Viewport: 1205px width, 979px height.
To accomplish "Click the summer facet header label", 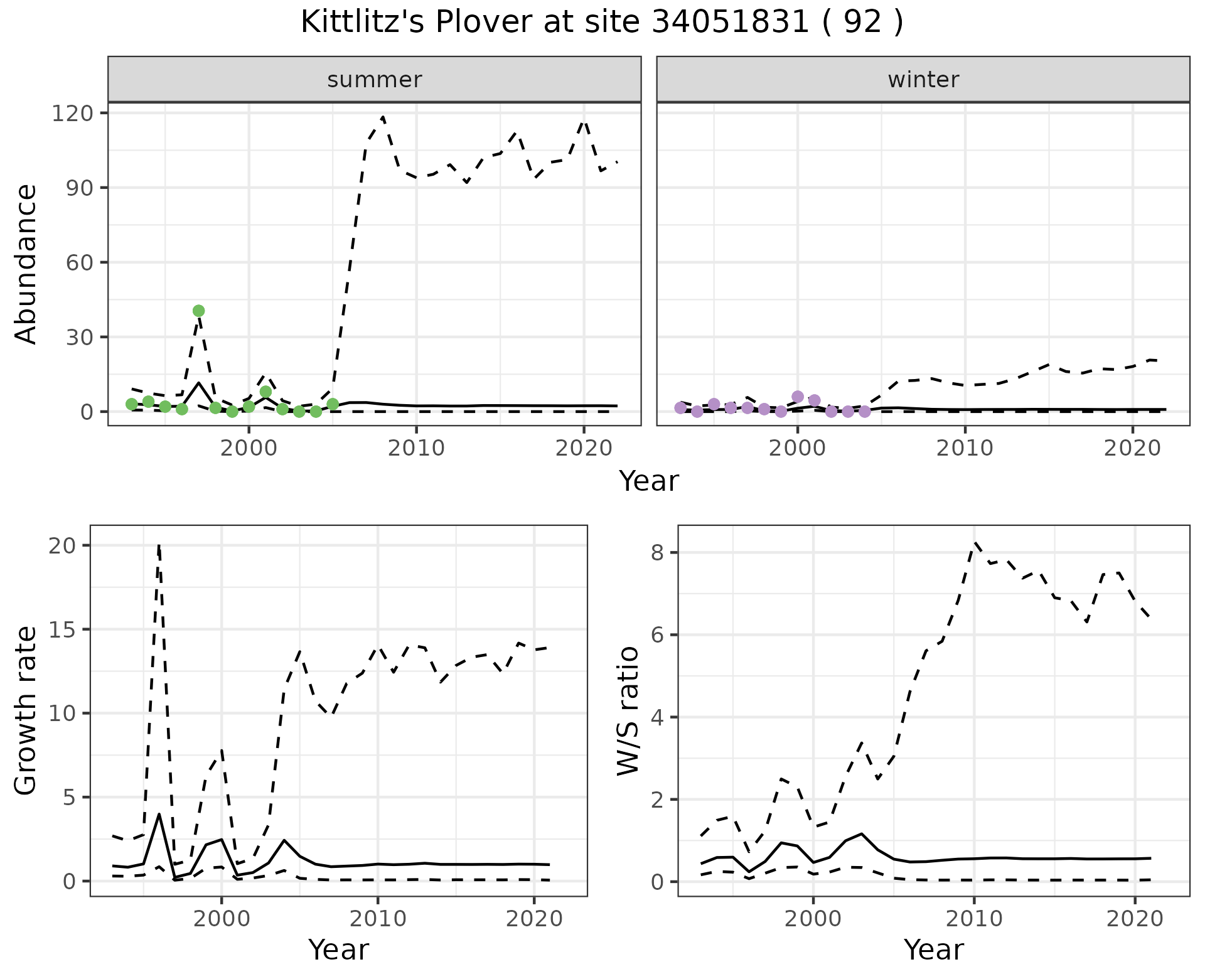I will (x=375, y=80).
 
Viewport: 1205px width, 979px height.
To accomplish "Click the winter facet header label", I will (x=923, y=80).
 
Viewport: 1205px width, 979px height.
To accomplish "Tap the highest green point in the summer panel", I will (x=199, y=311).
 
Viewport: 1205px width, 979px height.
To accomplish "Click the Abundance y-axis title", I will (x=26, y=264).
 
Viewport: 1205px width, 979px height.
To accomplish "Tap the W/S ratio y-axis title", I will (x=628, y=710).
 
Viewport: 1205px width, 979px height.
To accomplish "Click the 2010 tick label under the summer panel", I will (x=416, y=448).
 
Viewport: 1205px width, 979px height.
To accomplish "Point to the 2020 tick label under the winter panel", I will (x=1133, y=448).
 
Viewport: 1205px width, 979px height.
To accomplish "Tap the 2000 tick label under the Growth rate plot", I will (x=222, y=919).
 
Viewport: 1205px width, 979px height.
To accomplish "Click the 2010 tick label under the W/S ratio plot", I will (x=974, y=919).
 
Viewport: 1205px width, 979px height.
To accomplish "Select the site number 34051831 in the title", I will (x=731, y=23).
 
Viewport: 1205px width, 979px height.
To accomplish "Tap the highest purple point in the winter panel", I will (x=798, y=397).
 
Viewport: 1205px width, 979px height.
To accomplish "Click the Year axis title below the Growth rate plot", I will (x=338, y=950).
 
